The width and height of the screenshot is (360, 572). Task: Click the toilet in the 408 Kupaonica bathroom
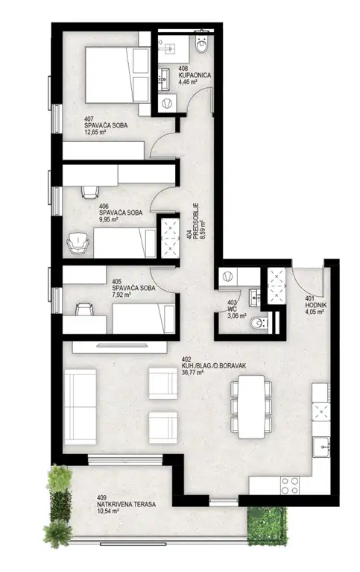(201, 43)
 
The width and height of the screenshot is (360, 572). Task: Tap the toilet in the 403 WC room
(258, 323)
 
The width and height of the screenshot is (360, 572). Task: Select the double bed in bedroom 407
(118, 75)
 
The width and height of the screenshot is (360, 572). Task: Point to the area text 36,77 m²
(192, 372)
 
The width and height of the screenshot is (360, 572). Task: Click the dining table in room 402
(251, 406)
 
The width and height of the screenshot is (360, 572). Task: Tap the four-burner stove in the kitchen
(290, 485)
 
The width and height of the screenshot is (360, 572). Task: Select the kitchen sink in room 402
(321, 447)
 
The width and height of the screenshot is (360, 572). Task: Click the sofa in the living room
(80, 406)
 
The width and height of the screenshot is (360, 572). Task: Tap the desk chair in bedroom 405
(84, 309)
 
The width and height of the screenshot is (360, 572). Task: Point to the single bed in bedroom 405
(143, 318)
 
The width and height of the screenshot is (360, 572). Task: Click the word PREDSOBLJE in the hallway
(195, 220)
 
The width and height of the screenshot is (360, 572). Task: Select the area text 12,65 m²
(95, 132)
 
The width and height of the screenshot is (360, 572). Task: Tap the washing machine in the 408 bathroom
(168, 104)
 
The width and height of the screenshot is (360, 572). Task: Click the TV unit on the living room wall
(120, 347)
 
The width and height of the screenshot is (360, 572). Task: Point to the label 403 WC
(232, 306)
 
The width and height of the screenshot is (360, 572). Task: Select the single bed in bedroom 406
(124, 243)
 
